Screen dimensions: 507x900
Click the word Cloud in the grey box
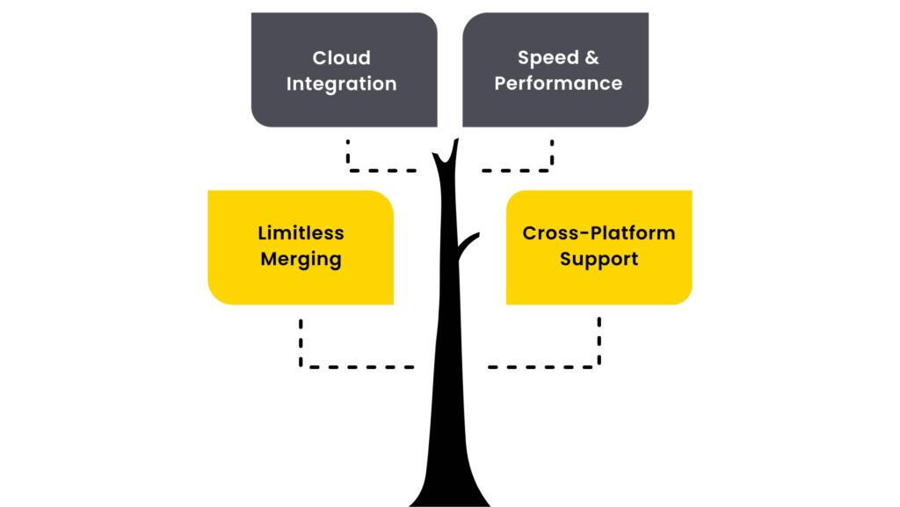[341, 58]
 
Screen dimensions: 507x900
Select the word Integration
[341, 84]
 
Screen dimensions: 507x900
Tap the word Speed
[545, 58]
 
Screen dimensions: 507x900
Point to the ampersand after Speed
[591, 58]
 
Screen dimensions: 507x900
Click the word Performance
[558, 84]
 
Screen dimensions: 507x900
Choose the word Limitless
[301, 233]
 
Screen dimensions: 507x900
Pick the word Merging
[301, 261]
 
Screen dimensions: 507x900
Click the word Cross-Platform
[599, 233]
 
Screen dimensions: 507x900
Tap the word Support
[599, 260]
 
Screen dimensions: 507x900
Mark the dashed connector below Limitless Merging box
[343, 365]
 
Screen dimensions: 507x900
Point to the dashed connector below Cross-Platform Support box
[562, 365]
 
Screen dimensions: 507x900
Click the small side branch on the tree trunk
[468, 239]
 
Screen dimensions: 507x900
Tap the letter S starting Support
[567, 260]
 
